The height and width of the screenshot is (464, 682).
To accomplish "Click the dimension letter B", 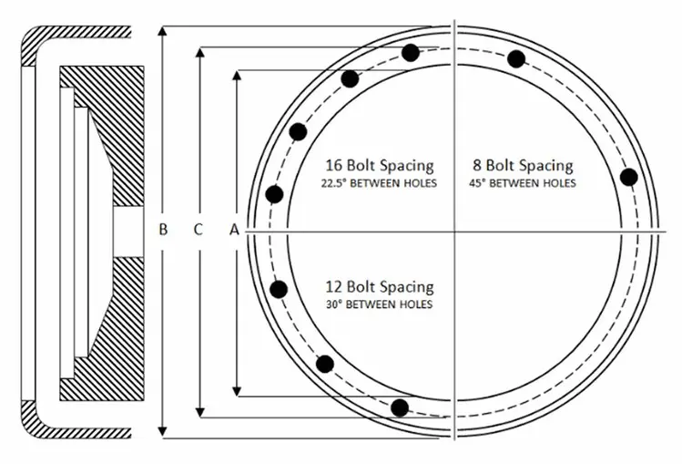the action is click(163, 230).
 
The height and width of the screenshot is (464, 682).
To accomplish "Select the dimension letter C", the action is click(198, 230).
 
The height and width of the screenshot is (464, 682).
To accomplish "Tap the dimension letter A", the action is click(234, 230).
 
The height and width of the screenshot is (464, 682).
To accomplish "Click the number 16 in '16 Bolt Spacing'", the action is click(333, 165).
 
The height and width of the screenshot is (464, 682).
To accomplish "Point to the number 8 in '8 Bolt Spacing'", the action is click(477, 165).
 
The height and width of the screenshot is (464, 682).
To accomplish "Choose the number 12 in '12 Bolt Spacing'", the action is click(333, 287).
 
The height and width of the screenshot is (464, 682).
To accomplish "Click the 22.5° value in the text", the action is click(334, 183).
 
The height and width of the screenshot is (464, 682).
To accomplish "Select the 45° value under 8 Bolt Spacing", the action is click(477, 183).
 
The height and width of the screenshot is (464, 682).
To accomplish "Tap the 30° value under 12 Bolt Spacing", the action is click(334, 304).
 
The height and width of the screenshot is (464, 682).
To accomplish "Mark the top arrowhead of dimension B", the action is click(162, 30).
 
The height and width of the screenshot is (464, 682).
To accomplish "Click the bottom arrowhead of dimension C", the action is click(200, 412).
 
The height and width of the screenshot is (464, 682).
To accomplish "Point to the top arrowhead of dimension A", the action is click(237, 76).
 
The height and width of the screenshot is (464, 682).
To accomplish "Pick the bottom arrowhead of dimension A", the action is click(237, 391).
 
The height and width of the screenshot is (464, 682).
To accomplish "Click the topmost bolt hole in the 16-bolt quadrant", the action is click(411, 53).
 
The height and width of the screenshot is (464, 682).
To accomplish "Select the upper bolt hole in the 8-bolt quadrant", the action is click(516, 58).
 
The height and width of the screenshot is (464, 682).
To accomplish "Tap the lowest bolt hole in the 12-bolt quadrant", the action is click(400, 407).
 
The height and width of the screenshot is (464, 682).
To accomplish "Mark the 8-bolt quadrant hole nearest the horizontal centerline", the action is click(628, 177).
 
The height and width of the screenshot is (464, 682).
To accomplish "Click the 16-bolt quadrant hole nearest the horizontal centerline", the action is click(274, 194).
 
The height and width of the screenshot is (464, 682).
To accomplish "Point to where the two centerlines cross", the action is click(455, 232).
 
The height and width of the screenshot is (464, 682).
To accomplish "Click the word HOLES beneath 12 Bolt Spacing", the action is click(416, 304).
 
